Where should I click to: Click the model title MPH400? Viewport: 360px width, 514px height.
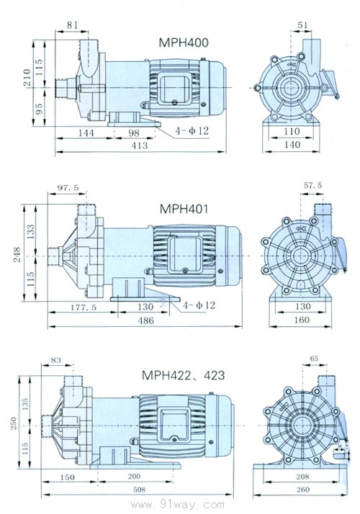pyautogui.click(x=184, y=42)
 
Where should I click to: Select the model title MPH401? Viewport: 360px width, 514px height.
pyautogui.click(x=184, y=209)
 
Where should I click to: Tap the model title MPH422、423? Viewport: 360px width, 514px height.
pyautogui.click(x=184, y=375)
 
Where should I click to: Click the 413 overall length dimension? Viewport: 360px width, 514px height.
pyautogui.click(x=140, y=145)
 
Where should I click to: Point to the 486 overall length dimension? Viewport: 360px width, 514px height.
pyautogui.click(x=146, y=320)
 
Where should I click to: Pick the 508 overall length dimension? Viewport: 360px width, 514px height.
pyautogui.click(x=140, y=490)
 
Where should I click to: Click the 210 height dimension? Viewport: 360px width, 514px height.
pyautogui.click(x=27, y=77)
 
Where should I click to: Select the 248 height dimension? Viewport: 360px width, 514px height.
pyautogui.click(x=17, y=255)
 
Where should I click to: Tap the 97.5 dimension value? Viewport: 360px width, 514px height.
pyautogui.click(x=68, y=187)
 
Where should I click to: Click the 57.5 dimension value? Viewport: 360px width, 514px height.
pyautogui.click(x=312, y=185)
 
